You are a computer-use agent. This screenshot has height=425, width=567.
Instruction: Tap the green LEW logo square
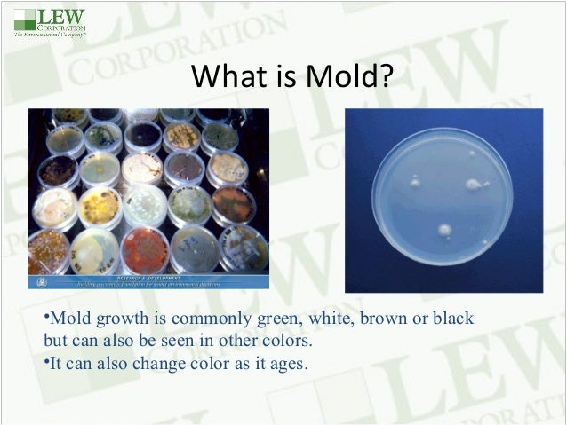point(24,19)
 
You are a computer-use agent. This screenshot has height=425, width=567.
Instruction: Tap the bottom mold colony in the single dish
point(443,231)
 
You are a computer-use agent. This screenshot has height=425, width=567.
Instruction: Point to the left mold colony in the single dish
point(415,182)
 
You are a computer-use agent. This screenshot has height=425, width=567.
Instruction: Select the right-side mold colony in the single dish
point(474,185)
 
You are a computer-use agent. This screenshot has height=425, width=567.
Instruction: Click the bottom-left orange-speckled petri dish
point(50,250)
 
